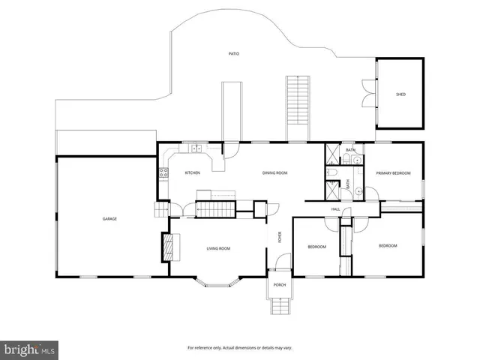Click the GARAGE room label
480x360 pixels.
click(x=109, y=218)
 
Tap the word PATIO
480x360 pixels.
click(x=234, y=54)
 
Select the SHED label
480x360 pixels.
click(x=400, y=94)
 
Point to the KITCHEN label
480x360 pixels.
click(x=193, y=173)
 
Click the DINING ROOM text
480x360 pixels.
click(x=275, y=173)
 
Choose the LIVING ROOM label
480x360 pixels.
click(x=218, y=248)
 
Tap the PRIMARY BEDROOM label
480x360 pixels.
click(x=394, y=173)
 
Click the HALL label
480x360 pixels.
click(x=336, y=209)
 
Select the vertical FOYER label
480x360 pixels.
click(x=280, y=238)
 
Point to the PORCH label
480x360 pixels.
click(x=279, y=285)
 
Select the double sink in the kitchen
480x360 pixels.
click(x=196, y=149)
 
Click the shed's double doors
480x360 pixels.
click(x=367, y=94)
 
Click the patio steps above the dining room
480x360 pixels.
click(x=298, y=107)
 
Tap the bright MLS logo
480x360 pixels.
click(x=30, y=349)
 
